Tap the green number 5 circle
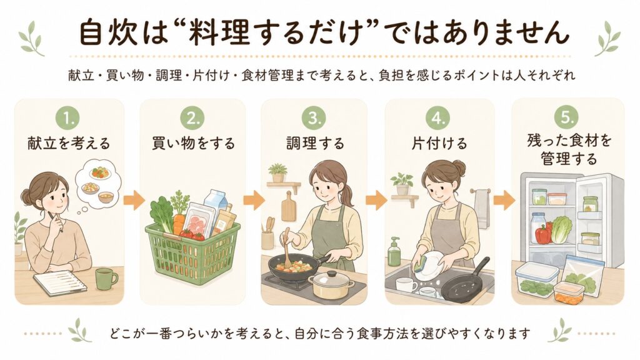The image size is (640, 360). coord(567,117)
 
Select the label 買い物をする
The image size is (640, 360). coord(193,144)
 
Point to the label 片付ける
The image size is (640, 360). coord(439,144)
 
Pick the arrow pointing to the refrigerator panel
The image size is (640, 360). coord(504,200)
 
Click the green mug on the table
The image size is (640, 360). coord(106,279)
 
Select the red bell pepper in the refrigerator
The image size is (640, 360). coord(543,234)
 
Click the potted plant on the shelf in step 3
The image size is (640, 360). coord(278,172)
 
